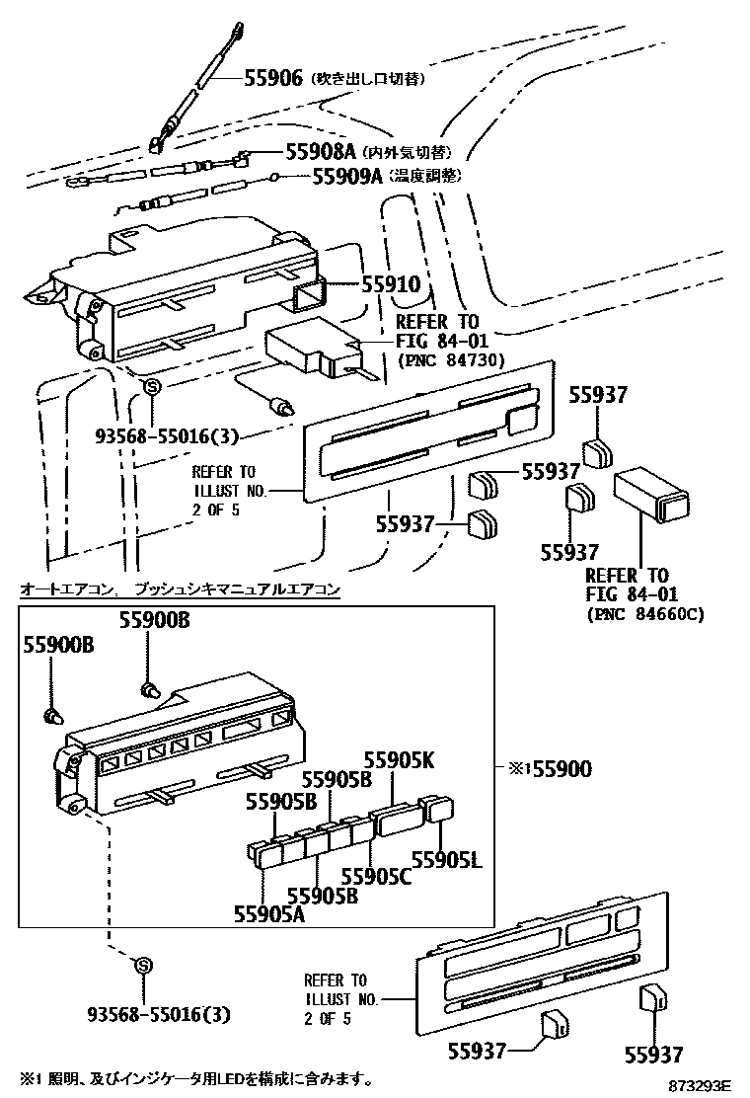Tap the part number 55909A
click(346, 176)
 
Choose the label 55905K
click(399, 760)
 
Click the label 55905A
click(269, 913)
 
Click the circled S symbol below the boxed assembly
click(142, 965)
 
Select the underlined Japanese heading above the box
click(181, 589)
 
